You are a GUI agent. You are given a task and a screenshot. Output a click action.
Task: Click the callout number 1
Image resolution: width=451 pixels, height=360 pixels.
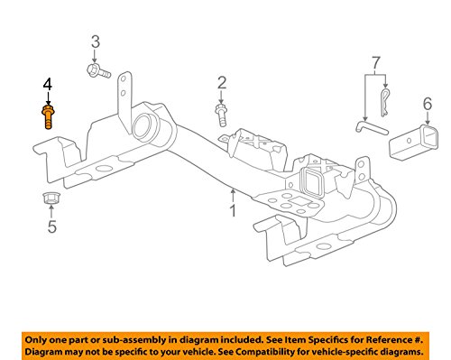[x=233, y=210]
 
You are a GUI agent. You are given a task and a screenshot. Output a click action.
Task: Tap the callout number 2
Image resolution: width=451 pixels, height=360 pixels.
[x=222, y=83]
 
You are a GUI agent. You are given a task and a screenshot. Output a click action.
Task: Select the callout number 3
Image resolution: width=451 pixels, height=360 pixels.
[x=96, y=42]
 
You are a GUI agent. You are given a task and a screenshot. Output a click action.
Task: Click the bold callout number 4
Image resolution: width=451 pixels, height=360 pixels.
[x=48, y=84]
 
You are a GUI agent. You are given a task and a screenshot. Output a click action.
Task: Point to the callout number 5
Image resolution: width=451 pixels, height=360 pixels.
[x=51, y=226]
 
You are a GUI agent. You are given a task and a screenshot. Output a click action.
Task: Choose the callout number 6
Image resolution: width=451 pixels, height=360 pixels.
[x=428, y=104]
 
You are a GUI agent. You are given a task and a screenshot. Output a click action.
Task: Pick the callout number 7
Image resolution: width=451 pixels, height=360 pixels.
[x=376, y=63]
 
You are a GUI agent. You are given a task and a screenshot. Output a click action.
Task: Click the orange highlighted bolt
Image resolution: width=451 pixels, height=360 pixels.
[x=48, y=116]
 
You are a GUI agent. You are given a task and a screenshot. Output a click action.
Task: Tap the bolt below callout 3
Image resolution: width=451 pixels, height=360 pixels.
[x=98, y=71]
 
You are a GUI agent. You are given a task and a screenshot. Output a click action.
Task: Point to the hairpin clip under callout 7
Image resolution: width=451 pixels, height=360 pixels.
[x=384, y=103]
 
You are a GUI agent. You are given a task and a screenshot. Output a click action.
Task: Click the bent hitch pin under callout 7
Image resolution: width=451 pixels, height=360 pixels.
[x=372, y=128]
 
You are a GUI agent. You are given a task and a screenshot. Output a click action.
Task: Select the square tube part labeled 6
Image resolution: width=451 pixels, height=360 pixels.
[x=413, y=143]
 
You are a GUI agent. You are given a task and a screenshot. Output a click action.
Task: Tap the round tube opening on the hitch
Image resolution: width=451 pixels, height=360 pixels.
[x=143, y=127]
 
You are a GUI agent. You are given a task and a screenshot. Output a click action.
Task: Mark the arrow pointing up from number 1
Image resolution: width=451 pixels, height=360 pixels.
[x=233, y=196]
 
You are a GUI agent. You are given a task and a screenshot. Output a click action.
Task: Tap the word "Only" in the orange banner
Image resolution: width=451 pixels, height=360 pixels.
[x=34, y=340]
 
